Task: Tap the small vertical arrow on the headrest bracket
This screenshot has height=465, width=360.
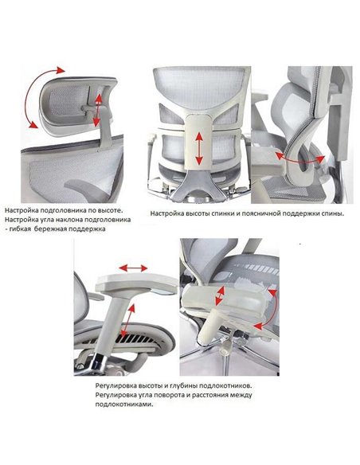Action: [x=97, y=111]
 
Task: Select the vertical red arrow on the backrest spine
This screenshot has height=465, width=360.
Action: [x=199, y=149]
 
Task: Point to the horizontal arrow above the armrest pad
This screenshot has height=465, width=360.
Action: [x=133, y=268]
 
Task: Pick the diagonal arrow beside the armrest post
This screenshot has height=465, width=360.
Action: [x=128, y=321]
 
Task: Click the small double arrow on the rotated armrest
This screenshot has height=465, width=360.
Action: [x=220, y=296]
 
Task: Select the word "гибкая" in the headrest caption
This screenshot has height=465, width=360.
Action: [x=19, y=229]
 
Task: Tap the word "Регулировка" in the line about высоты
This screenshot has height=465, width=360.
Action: [x=115, y=386]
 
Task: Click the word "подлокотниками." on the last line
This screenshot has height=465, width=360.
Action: [x=124, y=404]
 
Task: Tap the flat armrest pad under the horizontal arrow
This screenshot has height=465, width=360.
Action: [x=136, y=284]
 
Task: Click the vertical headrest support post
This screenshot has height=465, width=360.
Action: [x=105, y=127]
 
